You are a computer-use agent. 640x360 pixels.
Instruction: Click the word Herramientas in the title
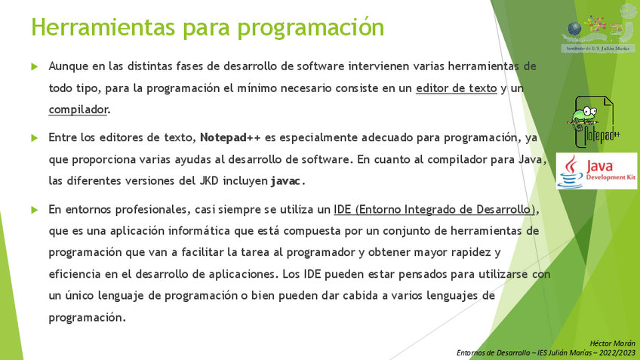103,27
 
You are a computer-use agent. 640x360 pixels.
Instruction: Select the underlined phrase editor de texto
457,88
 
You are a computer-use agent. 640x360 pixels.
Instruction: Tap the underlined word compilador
78,109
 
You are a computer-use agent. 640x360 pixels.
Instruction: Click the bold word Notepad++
230,137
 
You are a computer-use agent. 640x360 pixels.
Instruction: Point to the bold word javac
286,181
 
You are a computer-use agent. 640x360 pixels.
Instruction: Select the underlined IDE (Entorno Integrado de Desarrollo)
434,210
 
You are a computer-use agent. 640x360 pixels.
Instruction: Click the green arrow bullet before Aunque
35,66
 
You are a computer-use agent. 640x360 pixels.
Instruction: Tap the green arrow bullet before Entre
35,138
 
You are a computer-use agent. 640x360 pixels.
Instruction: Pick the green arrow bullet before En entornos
35,210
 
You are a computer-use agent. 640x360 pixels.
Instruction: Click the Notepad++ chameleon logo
593,122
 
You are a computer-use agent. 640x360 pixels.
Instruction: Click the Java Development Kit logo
596,171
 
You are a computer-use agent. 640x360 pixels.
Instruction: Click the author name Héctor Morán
612,343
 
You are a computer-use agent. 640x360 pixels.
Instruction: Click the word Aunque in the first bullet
68,66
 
